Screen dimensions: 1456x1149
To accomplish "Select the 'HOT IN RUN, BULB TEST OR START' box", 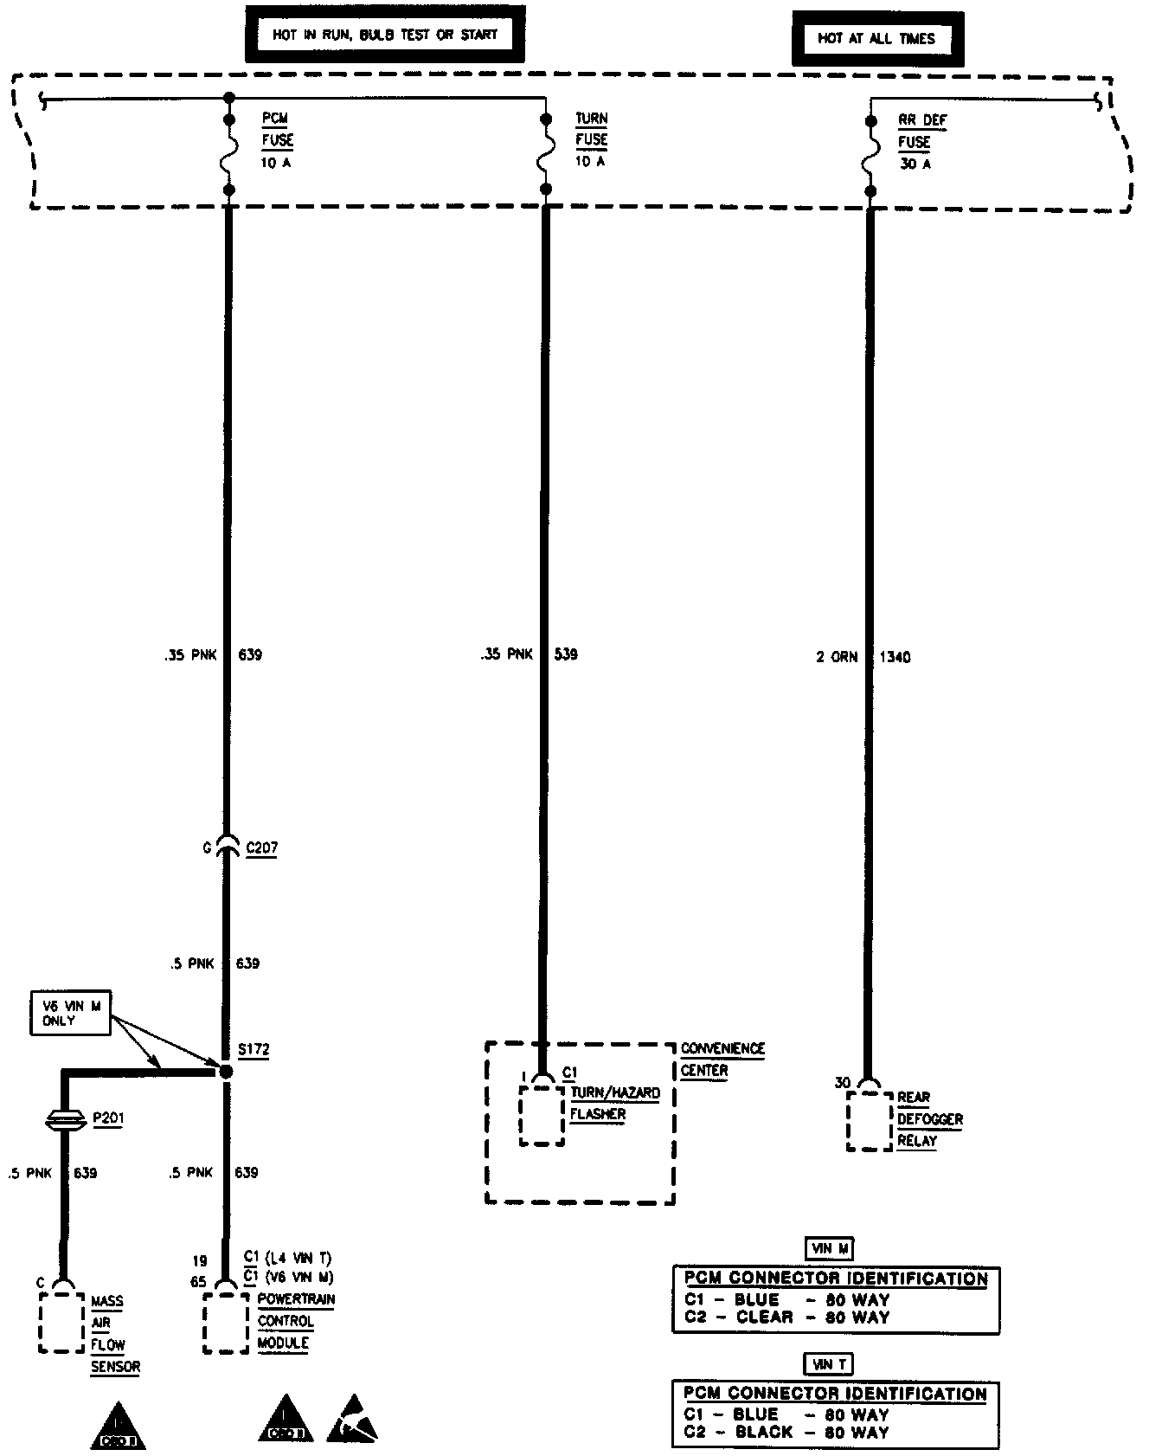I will pyautogui.click(x=385, y=35).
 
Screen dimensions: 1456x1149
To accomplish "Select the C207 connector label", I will pyautogui.click(x=261, y=848).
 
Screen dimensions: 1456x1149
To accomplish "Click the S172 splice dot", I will pyautogui.click(x=226, y=1072).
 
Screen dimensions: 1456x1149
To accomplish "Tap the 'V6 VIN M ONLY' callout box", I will pyautogui.click(x=70, y=1013).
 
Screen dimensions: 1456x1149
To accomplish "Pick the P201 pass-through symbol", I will pyautogui.click(x=64, y=1120).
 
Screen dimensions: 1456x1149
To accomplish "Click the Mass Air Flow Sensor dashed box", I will pyautogui.click(x=61, y=1322).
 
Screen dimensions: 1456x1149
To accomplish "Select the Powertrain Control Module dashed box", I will pyautogui.click(x=226, y=1323).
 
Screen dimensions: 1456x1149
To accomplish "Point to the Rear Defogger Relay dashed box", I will pyautogui.click(x=869, y=1121).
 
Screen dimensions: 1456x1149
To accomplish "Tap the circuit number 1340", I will pyautogui.click(x=895, y=657).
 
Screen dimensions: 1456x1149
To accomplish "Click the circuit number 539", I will pyautogui.click(x=566, y=654).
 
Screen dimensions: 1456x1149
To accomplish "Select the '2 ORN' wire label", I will pyautogui.click(x=836, y=657).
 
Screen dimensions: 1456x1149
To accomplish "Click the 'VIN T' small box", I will pyautogui.click(x=829, y=1365).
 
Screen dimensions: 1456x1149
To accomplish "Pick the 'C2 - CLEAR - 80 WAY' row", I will pyautogui.click(x=786, y=1317).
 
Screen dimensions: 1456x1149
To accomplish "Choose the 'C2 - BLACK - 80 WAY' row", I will pyautogui.click(x=786, y=1432).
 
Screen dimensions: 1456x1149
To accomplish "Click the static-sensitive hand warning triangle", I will pyautogui.click(x=352, y=1420).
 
